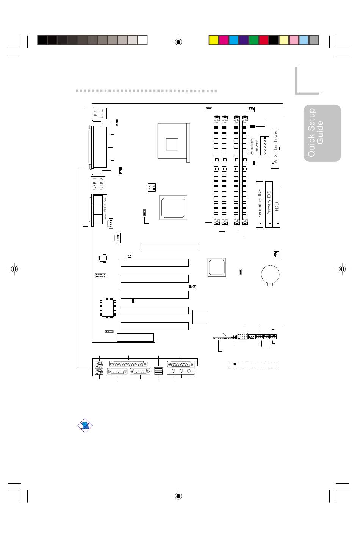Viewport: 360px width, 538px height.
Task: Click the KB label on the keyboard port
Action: tap(95, 113)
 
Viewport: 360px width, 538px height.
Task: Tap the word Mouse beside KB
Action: tap(102, 113)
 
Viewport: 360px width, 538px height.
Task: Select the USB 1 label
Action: tap(95, 184)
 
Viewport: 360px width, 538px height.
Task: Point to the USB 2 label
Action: tap(102, 184)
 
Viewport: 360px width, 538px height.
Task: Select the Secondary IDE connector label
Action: tap(260, 204)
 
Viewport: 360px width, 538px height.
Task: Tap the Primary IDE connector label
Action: tap(269, 204)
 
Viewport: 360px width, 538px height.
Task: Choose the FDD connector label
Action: tap(277, 206)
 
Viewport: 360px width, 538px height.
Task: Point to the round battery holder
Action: tap(270, 274)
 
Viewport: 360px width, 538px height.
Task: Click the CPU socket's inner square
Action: tap(172, 144)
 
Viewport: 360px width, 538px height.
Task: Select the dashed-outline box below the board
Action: tap(253, 364)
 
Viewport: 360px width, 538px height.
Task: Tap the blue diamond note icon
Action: tap(85, 425)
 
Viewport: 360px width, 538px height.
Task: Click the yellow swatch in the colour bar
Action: tap(214, 40)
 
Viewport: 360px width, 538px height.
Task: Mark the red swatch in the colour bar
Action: tap(263, 40)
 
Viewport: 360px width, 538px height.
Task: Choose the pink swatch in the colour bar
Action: tap(294, 40)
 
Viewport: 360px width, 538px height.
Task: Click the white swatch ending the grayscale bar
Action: tap(142, 40)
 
